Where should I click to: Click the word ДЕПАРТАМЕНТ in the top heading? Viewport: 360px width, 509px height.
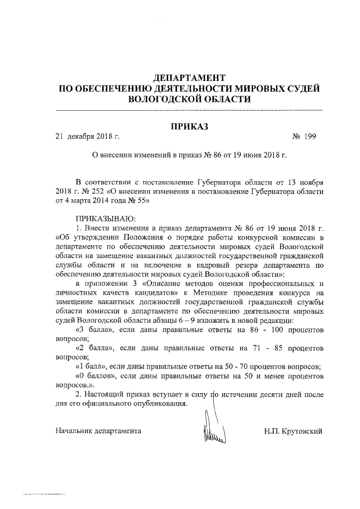[189, 76]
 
